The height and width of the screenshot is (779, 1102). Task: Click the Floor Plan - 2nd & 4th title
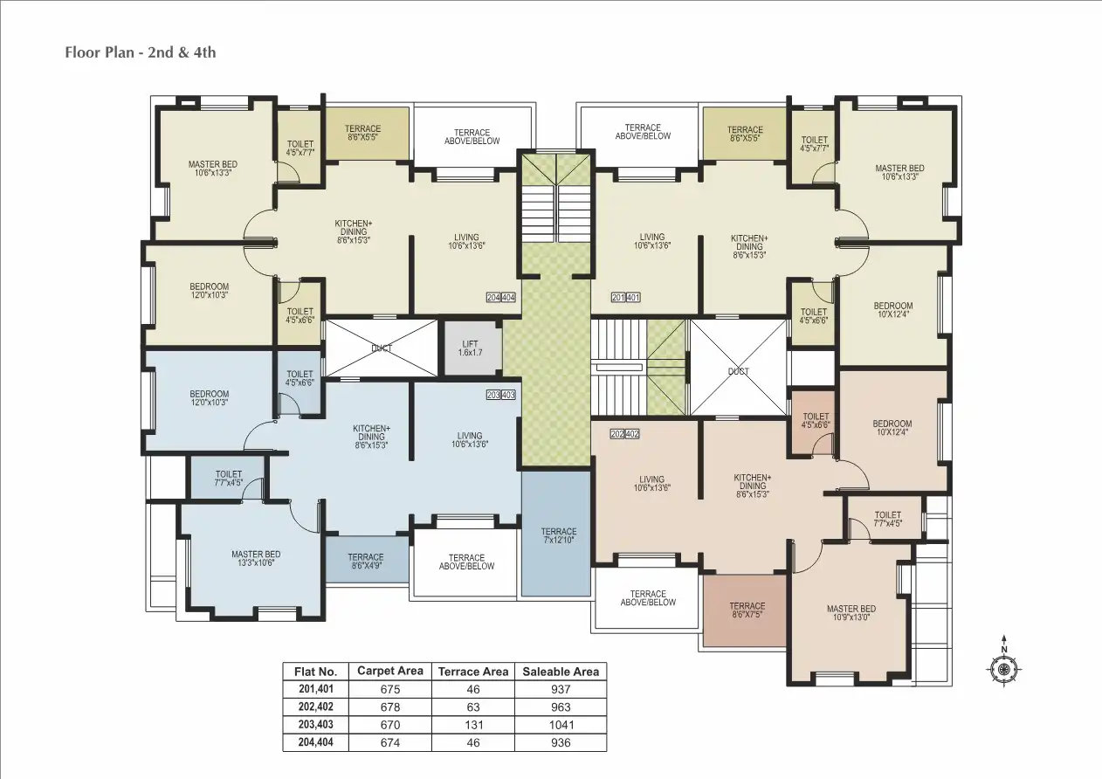[x=141, y=52]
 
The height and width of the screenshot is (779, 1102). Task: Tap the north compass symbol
[x=1004, y=668]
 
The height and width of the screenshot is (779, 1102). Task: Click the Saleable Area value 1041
[x=561, y=725]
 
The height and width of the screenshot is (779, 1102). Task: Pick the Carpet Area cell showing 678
[x=390, y=707]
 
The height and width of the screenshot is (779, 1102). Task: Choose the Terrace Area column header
[x=472, y=672]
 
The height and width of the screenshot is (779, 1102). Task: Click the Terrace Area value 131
[x=472, y=725]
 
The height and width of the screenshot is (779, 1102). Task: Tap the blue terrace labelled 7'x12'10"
[x=558, y=534]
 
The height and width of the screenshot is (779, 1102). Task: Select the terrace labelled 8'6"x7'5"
[x=747, y=610]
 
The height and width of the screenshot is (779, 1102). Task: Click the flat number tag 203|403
[x=501, y=396]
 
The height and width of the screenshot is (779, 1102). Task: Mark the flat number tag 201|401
[x=626, y=298]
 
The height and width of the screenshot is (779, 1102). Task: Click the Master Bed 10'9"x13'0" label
[x=851, y=612]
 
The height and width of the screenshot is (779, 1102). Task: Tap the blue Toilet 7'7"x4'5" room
[x=228, y=479]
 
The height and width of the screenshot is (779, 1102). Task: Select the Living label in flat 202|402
[x=651, y=483]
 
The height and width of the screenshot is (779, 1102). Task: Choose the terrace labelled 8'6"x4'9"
[x=366, y=561]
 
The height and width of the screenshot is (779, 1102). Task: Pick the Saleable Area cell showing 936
[x=561, y=742]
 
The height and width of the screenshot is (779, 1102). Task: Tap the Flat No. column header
[x=315, y=672]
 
